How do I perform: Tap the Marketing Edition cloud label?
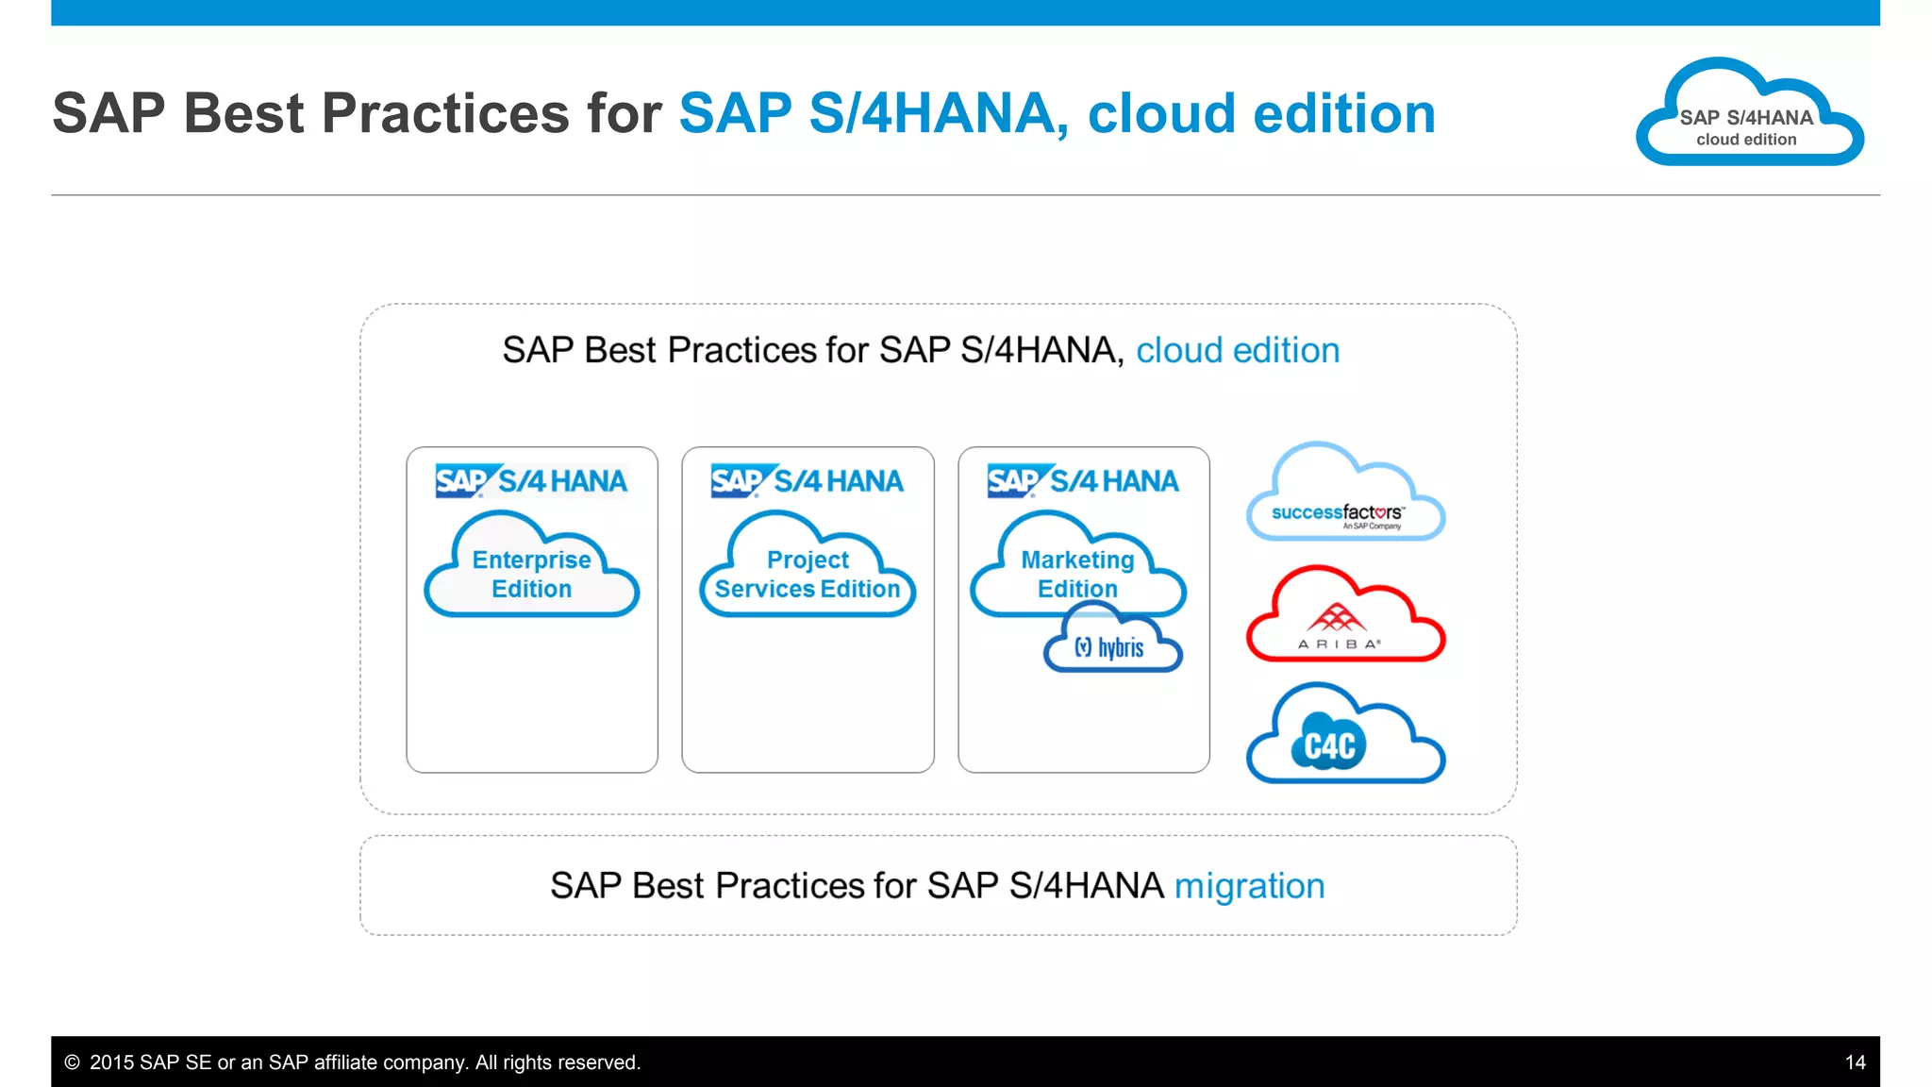1077,574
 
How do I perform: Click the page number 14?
1855,1062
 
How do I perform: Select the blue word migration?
1249,886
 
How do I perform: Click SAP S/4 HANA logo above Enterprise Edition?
531,481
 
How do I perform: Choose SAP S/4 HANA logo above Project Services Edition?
808,481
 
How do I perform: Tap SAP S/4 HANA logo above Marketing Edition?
1083,481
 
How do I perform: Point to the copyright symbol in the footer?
72,1062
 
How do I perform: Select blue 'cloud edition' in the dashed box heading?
1237,350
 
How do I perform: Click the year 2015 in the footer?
112,1062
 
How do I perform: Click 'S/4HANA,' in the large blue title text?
939,114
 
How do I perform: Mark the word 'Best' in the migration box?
668,886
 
